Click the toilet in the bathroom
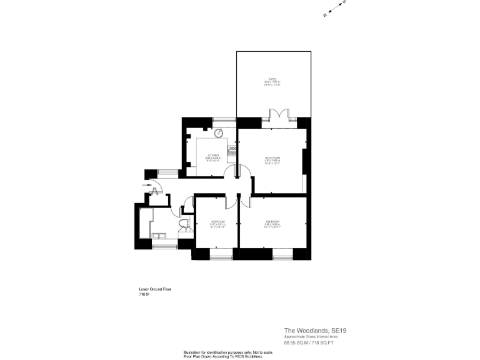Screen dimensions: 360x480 [x=184, y=224]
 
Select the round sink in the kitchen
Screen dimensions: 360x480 [x=219, y=133]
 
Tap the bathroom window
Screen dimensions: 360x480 [x=164, y=247]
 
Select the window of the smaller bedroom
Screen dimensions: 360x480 [x=221, y=256]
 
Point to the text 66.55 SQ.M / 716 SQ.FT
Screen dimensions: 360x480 [x=309, y=342]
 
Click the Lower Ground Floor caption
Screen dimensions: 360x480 [x=154, y=289]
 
